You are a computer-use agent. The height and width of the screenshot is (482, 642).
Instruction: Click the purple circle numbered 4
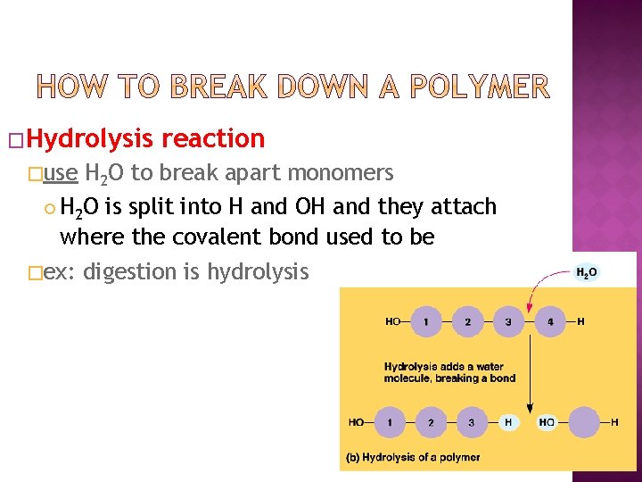[x=550, y=321]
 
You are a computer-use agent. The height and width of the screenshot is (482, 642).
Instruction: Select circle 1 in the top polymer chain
[x=426, y=321]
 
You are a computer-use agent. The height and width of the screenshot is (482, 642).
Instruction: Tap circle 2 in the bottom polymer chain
[x=431, y=421]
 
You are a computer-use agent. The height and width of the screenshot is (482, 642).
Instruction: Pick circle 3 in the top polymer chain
[x=508, y=321]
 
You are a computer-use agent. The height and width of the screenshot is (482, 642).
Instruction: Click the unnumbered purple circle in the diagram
[x=585, y=421]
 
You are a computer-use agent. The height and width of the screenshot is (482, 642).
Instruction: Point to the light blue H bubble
[x=508, y=421]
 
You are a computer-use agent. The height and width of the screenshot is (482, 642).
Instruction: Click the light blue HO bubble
[x=547, y=421]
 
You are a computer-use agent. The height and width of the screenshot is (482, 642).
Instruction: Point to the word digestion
[x=130, y=271]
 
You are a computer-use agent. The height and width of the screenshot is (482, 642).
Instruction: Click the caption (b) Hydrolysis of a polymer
[x=415, y=457]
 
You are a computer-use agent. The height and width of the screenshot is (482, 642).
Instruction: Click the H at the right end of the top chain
[x=581, y=321]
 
